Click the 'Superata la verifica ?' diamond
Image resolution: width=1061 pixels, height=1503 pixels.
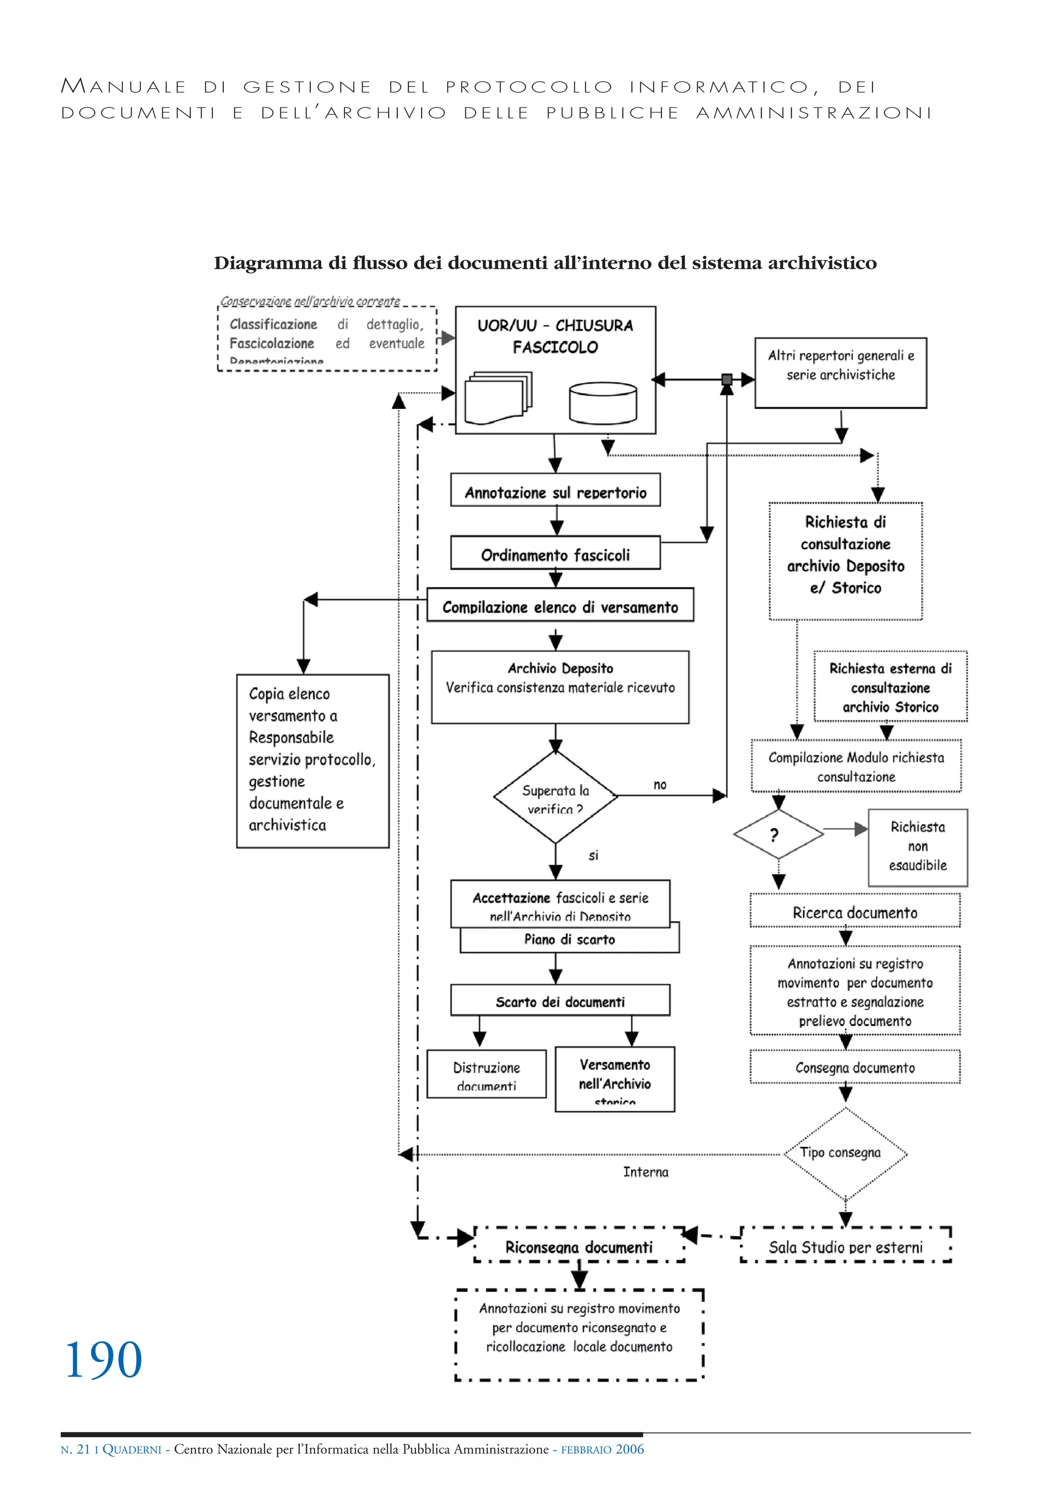coord(555,797)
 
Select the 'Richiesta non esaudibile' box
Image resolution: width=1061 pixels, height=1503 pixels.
coord(917,846)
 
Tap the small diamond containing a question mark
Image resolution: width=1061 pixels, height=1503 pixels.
coord(778,834)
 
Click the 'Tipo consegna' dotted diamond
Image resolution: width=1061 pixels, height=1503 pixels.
coord(844,1154)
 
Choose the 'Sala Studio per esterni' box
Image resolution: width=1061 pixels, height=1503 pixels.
coord(845,1246)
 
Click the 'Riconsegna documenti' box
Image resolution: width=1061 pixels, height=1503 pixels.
coord(579,1246)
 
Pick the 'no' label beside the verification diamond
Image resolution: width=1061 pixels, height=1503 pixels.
coord(660,784)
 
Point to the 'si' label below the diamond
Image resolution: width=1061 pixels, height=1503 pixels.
coord(593,855)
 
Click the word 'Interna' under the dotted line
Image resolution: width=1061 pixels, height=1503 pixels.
coord(646,1172)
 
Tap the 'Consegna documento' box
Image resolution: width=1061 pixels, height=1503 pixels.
coord(854,1068)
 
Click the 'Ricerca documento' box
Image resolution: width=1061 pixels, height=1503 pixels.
coord(854,912)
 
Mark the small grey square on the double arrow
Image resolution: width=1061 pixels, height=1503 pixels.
coord(726,379)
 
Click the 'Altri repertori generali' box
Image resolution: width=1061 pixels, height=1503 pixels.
coord(840,373)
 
